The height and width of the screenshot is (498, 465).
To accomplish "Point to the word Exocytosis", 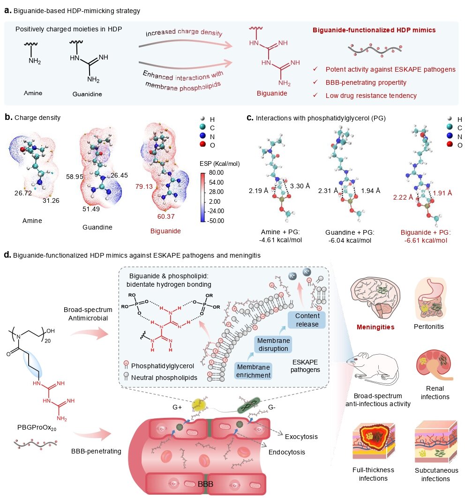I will point(301,437).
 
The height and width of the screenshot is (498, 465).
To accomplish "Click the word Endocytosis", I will point(287,452).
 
